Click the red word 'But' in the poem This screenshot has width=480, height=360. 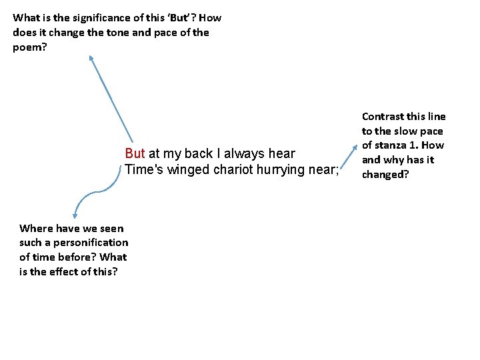coord(135,153)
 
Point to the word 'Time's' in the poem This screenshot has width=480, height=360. coord(144,169)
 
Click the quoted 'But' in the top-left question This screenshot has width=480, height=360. coord(178,18)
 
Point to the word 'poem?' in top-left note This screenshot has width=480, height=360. coord(30,48)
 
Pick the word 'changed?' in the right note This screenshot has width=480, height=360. coord(385,175)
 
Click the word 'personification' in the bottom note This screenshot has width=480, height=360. coord(91,243)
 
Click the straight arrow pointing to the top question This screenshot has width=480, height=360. coord(111,99)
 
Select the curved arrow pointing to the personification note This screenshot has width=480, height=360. coord(97,192)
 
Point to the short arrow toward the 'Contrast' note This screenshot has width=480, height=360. coord(349,157)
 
